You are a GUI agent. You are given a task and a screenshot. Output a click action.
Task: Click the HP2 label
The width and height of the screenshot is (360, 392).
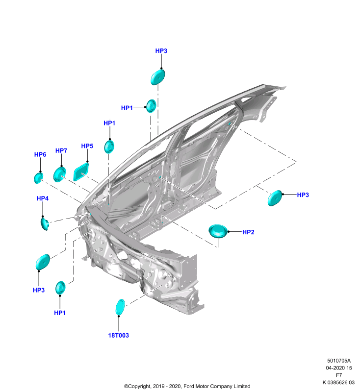pos(248,232)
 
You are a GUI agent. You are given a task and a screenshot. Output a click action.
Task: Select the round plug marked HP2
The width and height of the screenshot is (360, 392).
pos(218,231)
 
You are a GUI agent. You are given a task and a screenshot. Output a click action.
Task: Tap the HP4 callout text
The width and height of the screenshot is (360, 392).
pos(43,198)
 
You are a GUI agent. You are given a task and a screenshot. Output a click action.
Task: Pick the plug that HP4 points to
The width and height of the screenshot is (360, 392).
pos(45,224)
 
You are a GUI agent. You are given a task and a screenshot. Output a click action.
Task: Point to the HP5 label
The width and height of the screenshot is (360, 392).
pos(87,146)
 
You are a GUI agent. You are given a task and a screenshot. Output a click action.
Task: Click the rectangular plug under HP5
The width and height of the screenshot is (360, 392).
pos(81,171)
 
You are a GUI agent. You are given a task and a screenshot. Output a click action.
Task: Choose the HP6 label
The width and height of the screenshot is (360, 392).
pos(40,154)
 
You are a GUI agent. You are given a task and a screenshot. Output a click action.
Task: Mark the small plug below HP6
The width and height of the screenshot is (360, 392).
pos(38,178)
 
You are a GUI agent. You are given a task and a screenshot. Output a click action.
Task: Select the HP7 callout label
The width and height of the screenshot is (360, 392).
pos(61,150)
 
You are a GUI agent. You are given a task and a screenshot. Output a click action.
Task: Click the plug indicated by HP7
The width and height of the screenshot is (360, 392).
pos(59,174)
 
